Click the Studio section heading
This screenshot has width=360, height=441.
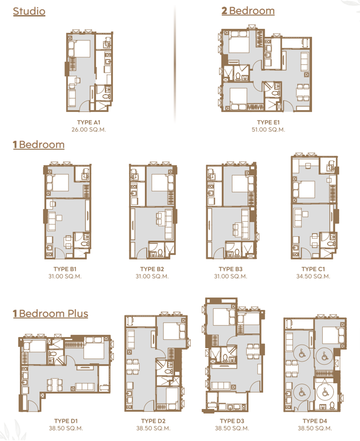(29, 11)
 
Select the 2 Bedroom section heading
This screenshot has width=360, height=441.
(248, 11)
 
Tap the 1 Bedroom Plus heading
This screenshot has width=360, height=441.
(50, 313)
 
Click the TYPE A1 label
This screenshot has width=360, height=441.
(89, 122)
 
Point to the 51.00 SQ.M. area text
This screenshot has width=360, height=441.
(268, 130)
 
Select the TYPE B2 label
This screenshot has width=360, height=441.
(152, 269)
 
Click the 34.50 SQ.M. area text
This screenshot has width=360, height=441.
(313, 276)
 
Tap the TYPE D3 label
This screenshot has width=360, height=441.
(232, 421)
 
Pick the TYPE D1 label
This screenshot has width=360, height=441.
(66, 421)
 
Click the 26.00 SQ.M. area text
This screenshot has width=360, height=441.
(89, 130)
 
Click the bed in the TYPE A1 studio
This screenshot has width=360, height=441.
(79, 49)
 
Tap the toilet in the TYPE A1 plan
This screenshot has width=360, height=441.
(106, 96)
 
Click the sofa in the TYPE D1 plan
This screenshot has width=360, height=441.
(85, 387)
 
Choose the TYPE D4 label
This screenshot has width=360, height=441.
(315, 421)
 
